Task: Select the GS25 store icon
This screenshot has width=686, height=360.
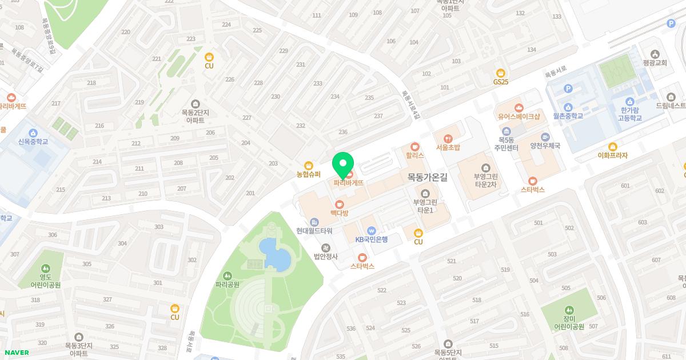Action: pos(501,73)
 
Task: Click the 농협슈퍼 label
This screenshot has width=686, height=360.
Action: pos(309,174)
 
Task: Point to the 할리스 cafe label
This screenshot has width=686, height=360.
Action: pos(414,155)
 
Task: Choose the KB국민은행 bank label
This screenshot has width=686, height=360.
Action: pos(371,239)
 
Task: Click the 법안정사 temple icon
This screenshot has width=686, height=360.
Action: pos(325,247)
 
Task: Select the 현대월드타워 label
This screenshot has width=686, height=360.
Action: pos(314,231)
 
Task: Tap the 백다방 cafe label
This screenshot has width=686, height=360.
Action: pos(339,213)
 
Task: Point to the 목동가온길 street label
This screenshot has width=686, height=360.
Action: pos(426,177)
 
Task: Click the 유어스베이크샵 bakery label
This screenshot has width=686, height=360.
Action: pos(519,117)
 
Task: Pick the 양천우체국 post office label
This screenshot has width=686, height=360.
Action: pos(545,146)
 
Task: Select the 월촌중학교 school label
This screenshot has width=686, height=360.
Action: pos(568,116)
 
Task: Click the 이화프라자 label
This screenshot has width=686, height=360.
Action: pos(612,155)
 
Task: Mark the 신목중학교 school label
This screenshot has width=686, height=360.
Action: pos(33,142)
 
